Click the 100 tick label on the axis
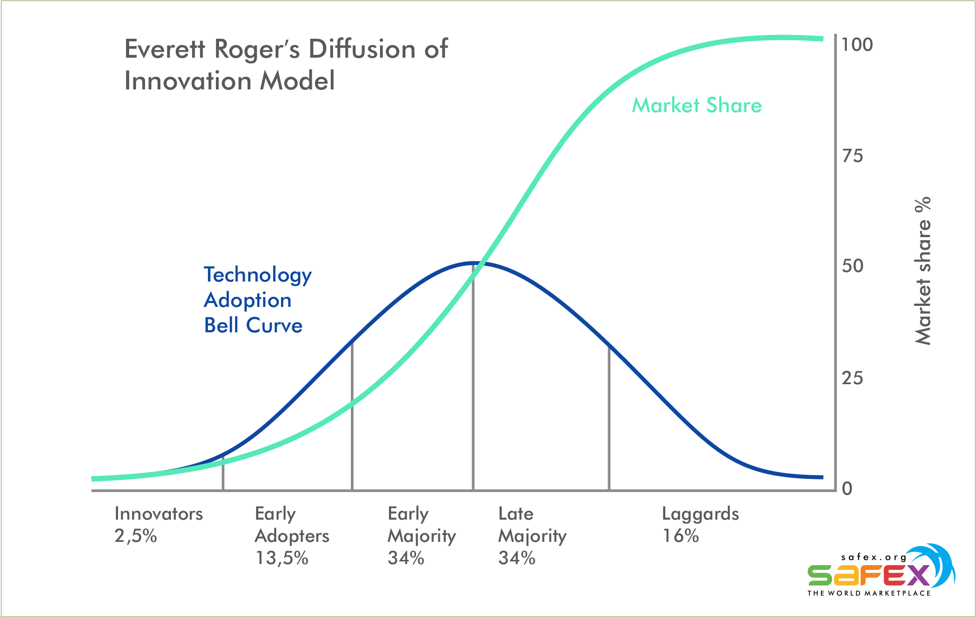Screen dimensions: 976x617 [x=857, y=44]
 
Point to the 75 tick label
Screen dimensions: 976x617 [x=852, y=156]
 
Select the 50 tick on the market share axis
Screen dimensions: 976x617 [x=852, y=266]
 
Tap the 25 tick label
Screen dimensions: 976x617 [x=852, y=378]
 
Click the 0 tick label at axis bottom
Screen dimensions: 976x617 [x=847, y=488]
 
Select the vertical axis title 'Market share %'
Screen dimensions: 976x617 [x=923, y=271]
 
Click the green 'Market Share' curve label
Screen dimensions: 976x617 [x=697, y=105]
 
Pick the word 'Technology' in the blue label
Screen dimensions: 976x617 [x=258, y=276]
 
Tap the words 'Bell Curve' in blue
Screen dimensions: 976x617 [x=254, y=325]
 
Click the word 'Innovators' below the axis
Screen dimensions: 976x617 [x=159, y=514]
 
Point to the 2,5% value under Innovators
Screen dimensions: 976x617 [x=136, y=536]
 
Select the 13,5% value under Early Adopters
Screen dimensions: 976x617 [x=282, y=558]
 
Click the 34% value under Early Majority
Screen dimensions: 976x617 [x=406, y=558]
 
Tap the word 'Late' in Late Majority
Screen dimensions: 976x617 [x=516, y=514]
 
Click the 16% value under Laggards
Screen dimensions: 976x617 [x=681, y=536]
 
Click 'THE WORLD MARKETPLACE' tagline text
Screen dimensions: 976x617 [x=869, y=593]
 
